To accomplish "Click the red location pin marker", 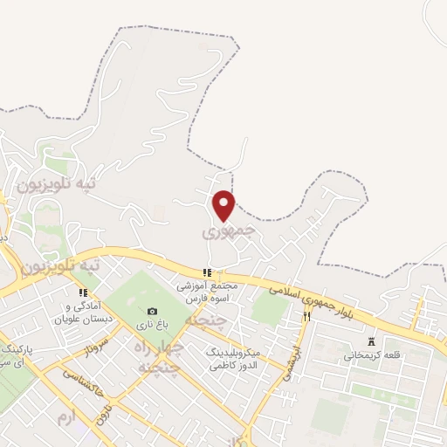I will (x=224, y=204).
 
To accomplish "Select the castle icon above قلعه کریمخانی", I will (x=374, y=340).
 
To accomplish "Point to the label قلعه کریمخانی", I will (x=374, y=355).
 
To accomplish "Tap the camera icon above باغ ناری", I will (x=153, y=312).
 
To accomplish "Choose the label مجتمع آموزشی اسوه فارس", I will (x=206, y=291).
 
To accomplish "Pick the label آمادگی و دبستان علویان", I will (x=84, y=313).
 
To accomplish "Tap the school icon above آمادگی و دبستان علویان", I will (x=84, y=293).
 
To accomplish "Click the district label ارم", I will (x=65, y=418).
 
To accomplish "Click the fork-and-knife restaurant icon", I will (x=306, y=317).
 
